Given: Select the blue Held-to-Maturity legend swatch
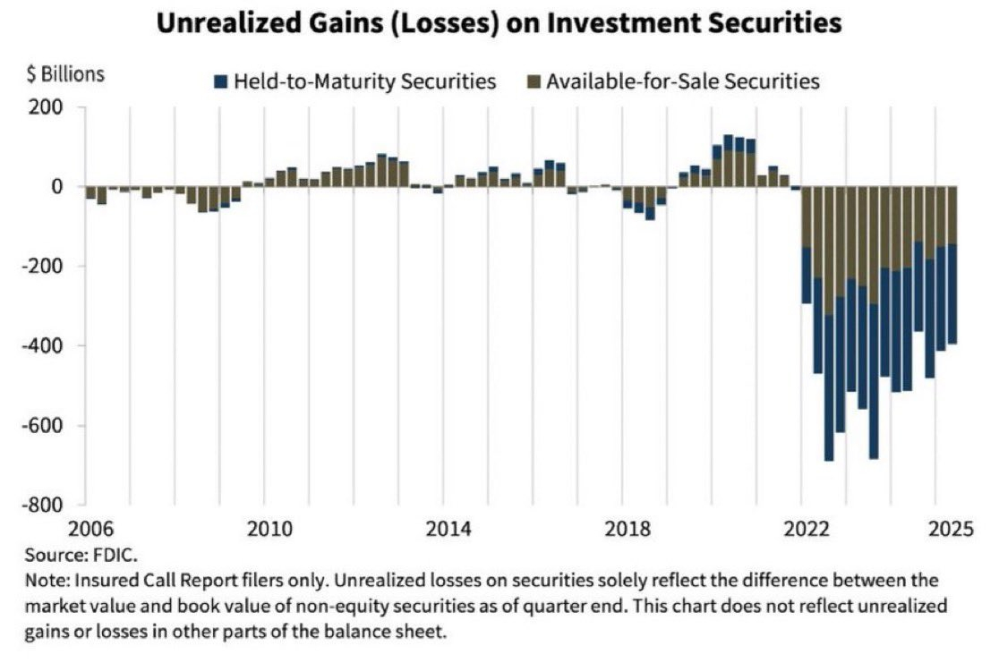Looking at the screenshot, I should click(x=220, y=82).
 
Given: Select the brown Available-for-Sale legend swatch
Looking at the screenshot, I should click(x=534, y=82).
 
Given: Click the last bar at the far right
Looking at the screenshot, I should click(x=952, y=268).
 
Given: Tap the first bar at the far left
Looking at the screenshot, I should click(x=90, y=192).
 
